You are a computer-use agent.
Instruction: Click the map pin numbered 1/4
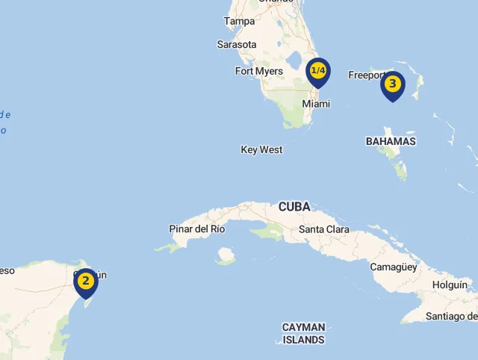coord(318,72)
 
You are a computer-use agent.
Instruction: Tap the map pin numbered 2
coord(86,282)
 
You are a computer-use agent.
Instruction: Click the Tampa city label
coord(239,22)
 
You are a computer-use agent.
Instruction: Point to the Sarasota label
coord(237,45)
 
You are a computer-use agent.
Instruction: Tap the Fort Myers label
coord(258,72)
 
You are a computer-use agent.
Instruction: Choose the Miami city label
coord(316,104)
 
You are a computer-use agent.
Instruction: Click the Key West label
coord(261,150)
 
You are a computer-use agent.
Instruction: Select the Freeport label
coord(366,75)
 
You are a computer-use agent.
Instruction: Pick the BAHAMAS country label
coord(391,141)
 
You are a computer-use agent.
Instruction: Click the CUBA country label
coord(294,206)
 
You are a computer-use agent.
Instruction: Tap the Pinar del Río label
coord(197,229)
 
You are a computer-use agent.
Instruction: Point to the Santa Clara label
coord(323,229)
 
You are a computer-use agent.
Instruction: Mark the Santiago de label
coord(451,317)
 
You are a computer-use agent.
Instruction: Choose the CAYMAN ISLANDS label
coord(303,333)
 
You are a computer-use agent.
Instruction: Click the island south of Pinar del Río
coord(226,256)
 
